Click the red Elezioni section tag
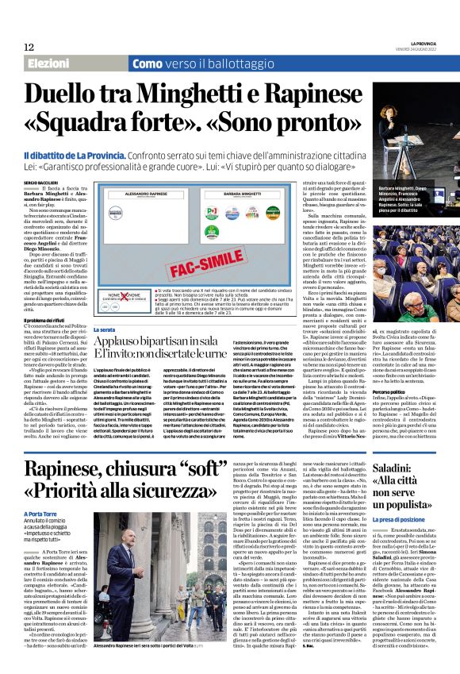coord(50,64)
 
